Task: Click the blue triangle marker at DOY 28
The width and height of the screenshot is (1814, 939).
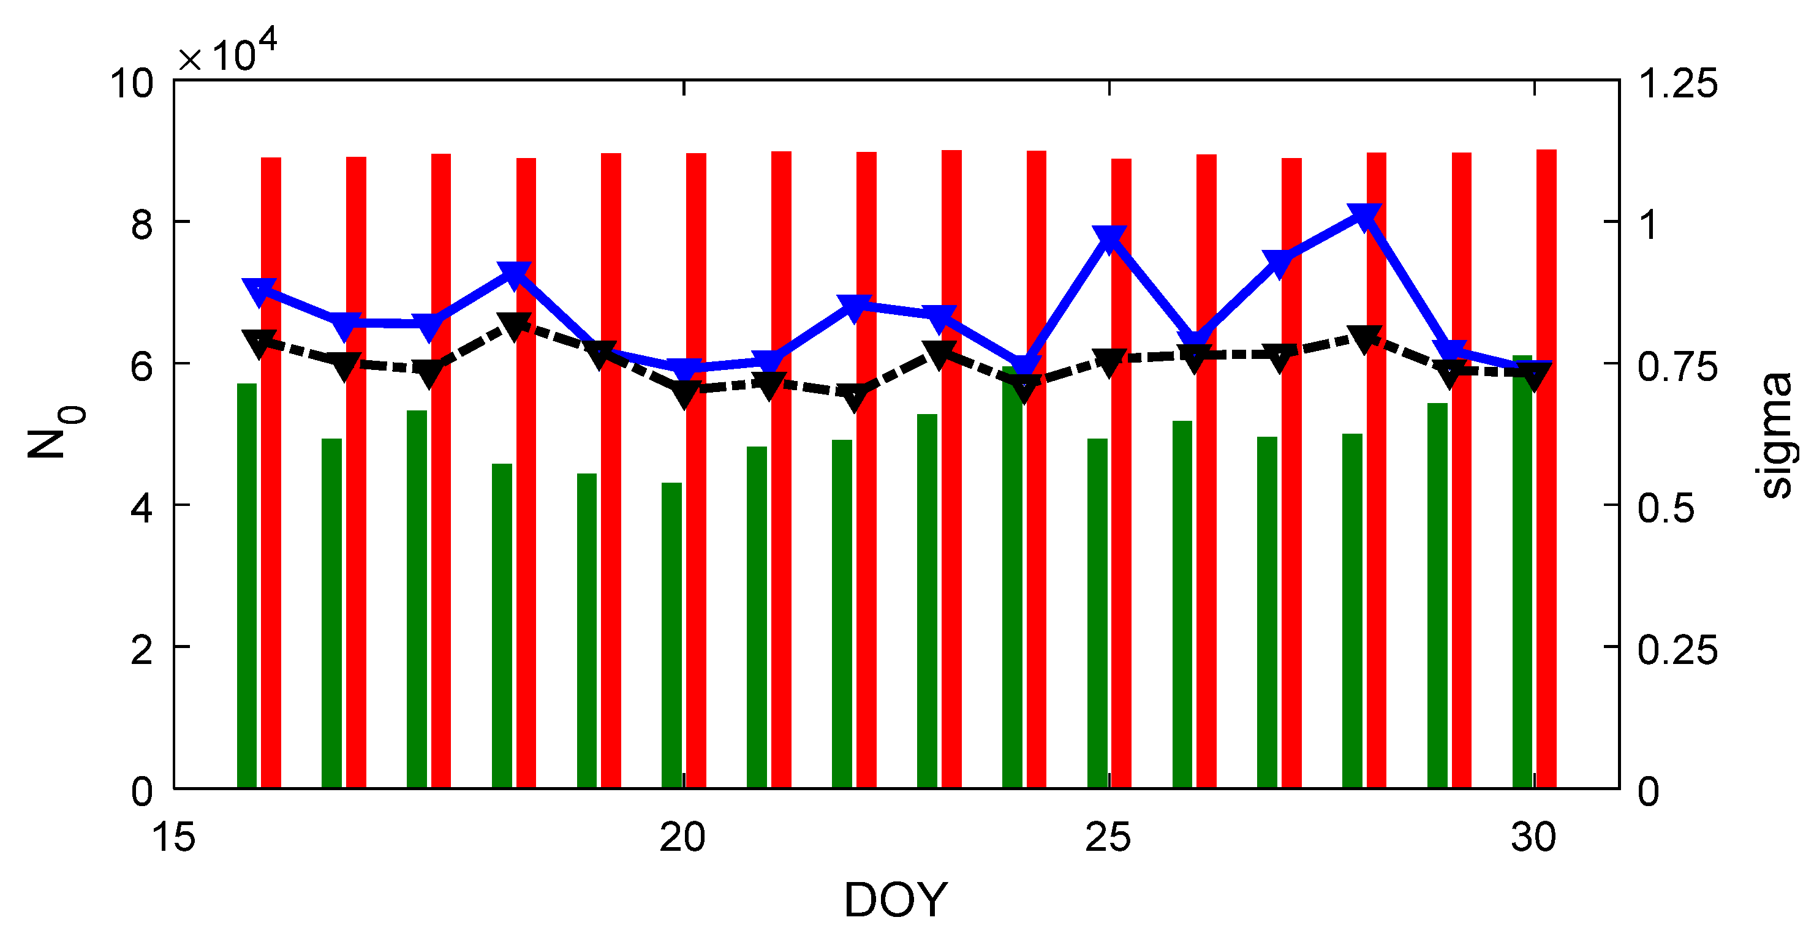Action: coord(1363,216)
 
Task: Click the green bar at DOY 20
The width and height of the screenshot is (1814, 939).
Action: coord(671,633)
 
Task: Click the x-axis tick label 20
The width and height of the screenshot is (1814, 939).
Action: coord(682,838)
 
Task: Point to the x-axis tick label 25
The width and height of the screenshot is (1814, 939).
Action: coord(1108,838)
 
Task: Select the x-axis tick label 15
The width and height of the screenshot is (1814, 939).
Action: coord(173,838)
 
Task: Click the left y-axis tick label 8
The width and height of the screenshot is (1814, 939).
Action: coord(142,225)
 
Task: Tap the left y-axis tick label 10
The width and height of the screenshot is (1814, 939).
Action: coord(131,83)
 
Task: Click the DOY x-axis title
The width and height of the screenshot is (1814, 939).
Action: coord(896,900)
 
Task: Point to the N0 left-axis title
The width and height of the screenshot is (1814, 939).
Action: coord(55,434)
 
